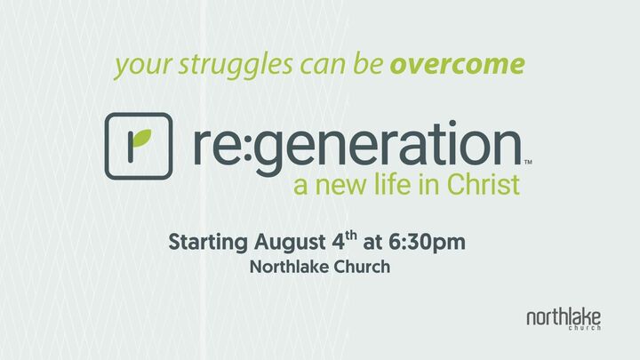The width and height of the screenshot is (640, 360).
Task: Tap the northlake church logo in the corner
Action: point(563,319)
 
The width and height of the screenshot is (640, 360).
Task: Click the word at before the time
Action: point(377,243)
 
